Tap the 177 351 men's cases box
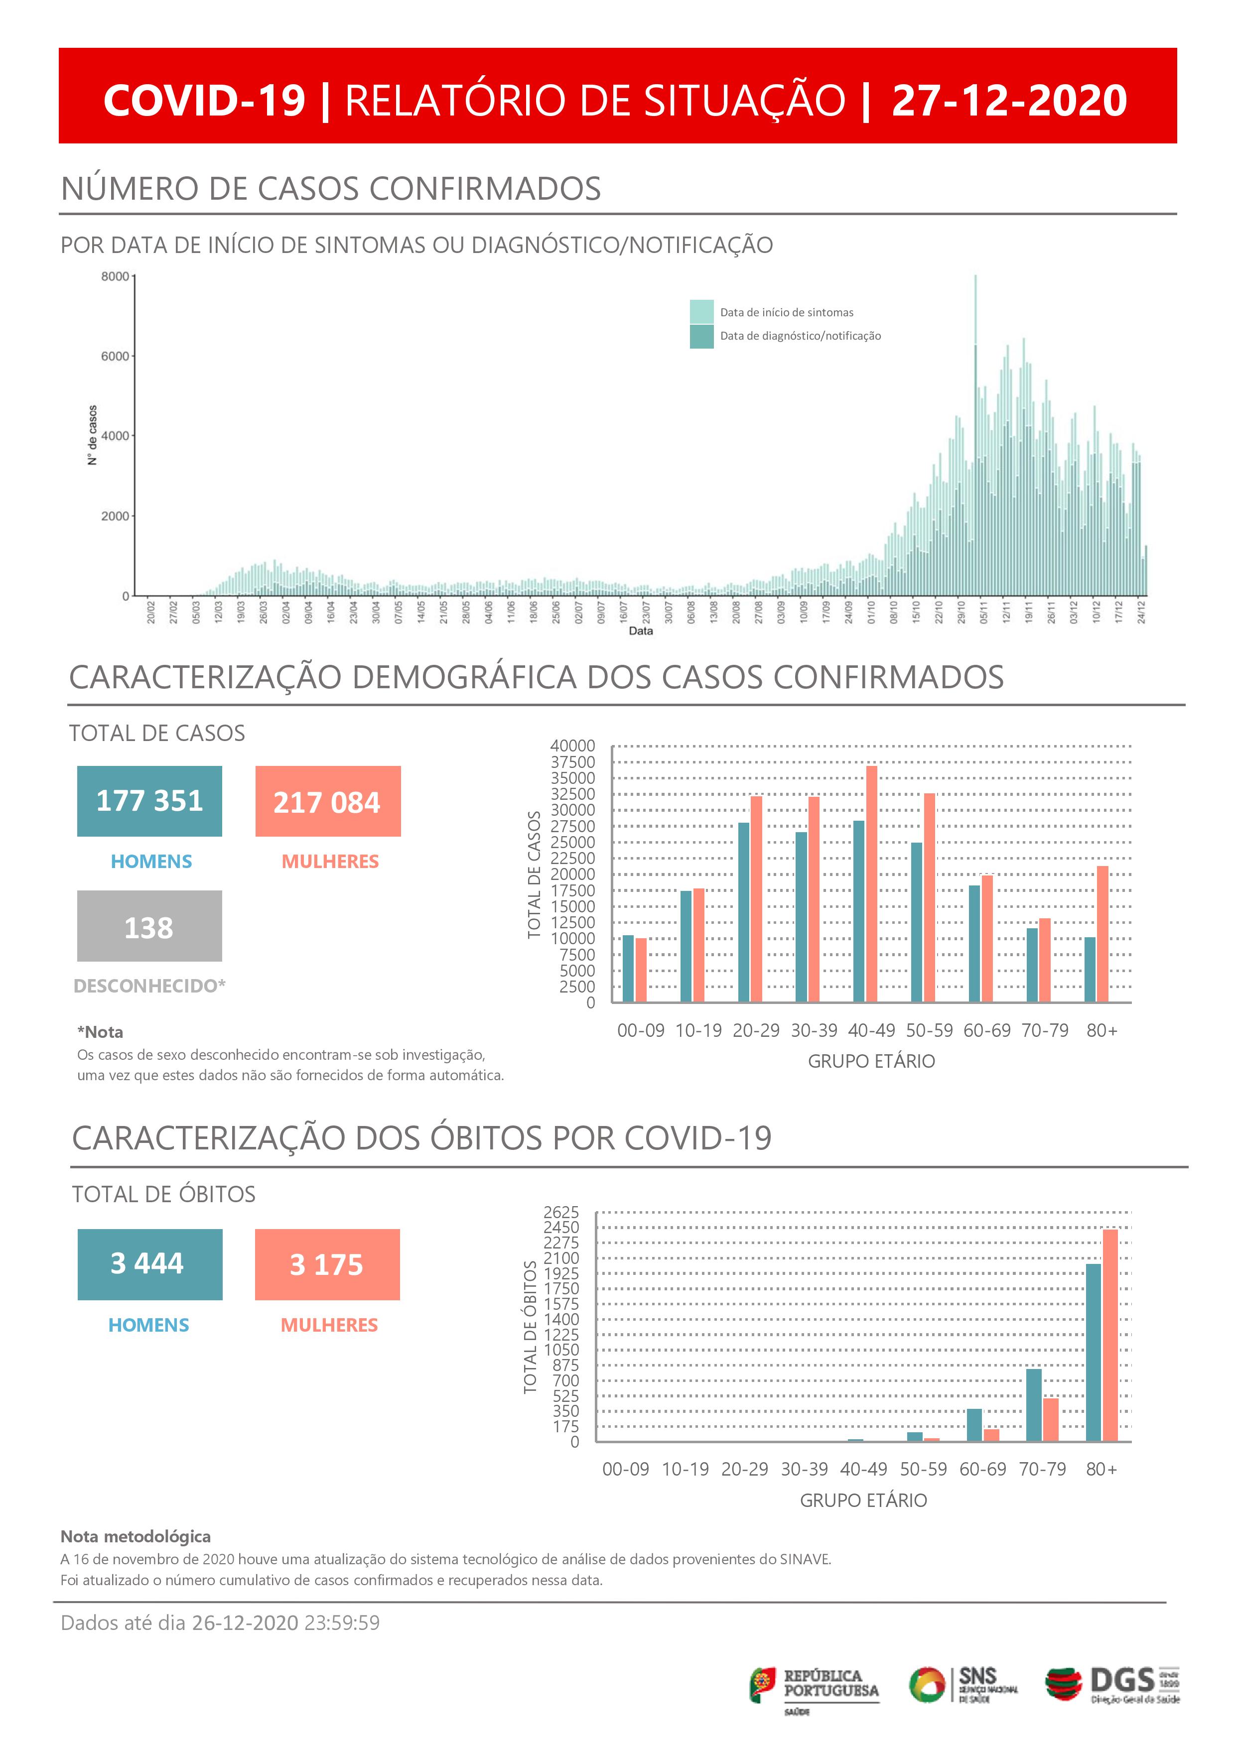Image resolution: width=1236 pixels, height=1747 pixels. coord(149,801)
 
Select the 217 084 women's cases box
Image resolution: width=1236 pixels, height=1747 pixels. coord(327,801)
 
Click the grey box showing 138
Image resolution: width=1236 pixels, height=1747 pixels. coord(149,926)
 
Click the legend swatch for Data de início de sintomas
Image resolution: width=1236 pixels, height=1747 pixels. coord(701,311)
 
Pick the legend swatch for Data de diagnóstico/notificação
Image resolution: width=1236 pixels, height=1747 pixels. coord(701,336)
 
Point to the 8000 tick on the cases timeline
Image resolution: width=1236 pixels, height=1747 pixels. coord(115,277)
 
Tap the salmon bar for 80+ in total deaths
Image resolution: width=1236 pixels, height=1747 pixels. coord(1110,1335)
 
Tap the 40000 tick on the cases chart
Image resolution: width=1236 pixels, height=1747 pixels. coord(572,746)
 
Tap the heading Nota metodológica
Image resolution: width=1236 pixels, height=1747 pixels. coord(136,1536)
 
